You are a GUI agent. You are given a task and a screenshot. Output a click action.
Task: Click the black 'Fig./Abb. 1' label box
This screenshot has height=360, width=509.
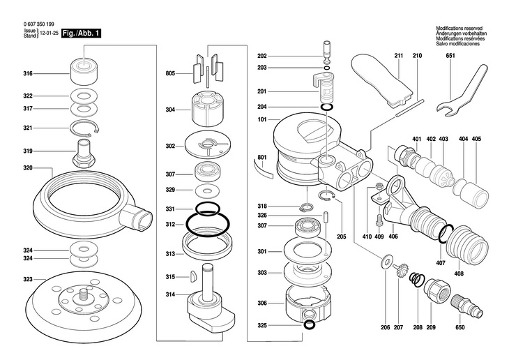tap(81, 33)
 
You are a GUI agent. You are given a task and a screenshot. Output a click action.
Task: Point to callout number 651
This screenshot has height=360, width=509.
tap(450, 54)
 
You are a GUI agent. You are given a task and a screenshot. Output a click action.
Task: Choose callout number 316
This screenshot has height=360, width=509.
tap(28, 73)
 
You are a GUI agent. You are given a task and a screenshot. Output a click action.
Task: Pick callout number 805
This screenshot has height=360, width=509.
tap(169, 73)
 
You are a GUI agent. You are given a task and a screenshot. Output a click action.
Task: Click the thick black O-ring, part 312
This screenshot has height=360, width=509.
tap(208, 223)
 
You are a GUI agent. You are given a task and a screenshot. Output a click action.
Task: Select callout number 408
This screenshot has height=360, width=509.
tap(458, 273)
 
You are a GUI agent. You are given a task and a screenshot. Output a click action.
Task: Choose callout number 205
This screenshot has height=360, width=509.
tap(342, 237)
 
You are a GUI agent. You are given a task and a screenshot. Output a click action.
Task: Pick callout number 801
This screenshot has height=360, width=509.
tap(262, 158)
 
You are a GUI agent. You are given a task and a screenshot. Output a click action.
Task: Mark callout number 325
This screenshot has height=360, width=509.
tap(262, 325)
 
